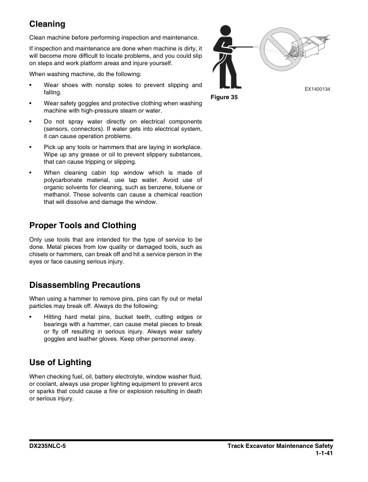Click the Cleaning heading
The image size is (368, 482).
tap(48, 24)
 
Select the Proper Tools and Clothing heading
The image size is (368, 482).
tap(83, 225)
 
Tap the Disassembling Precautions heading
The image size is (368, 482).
tap(85, 285)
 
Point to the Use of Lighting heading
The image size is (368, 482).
tap(60, 362)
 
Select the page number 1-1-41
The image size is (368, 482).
tap(324, 453)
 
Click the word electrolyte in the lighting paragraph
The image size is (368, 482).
tap(138, 377)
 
